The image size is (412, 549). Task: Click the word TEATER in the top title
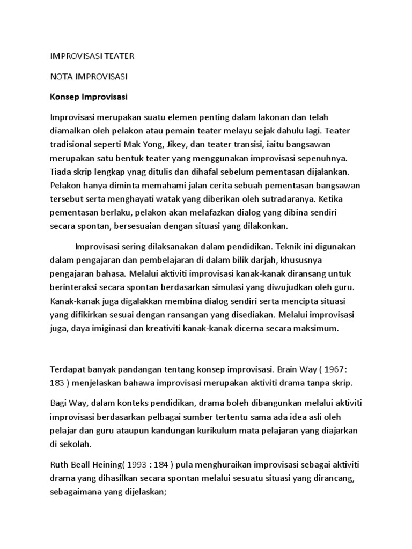116,56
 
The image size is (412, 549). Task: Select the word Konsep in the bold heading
64,98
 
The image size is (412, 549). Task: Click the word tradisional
70,145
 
